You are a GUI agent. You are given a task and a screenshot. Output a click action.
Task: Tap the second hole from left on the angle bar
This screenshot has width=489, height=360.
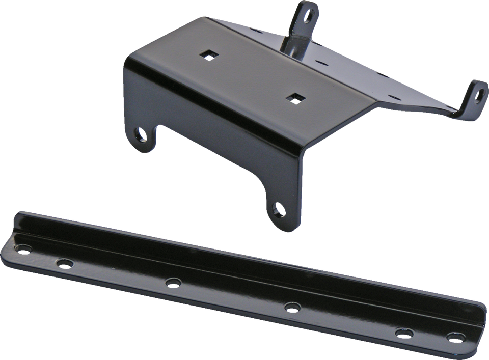64,263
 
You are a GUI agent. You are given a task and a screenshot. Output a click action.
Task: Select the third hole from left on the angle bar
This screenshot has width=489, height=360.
173,281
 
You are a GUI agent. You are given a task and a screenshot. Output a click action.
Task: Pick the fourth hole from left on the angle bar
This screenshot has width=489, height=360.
291,307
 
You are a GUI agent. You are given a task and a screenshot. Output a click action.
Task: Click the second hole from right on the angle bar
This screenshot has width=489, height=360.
404,333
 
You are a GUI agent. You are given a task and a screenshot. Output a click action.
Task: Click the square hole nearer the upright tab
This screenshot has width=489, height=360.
207,54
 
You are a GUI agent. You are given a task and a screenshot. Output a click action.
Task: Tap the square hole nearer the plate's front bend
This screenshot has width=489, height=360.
294,97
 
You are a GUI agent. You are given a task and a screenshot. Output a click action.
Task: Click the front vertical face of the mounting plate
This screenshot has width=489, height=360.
214,117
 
